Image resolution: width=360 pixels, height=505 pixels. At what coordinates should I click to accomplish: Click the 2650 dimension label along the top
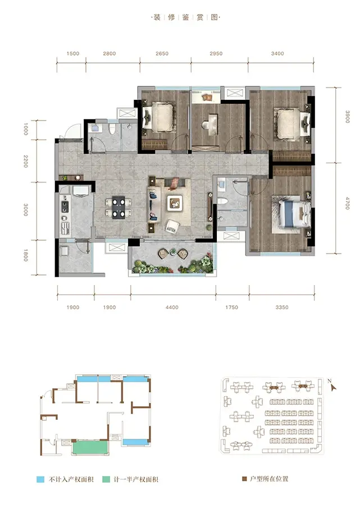click(x=162, y=53)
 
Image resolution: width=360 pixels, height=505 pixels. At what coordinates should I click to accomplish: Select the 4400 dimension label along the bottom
click(x=172, y=307)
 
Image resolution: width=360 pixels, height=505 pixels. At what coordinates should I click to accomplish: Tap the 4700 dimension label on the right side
click(x=347, y=203)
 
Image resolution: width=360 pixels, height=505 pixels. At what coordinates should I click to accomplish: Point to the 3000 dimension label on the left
click(x=26, y=210)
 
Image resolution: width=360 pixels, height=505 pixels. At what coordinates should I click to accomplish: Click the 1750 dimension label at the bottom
click(x=231, y=307)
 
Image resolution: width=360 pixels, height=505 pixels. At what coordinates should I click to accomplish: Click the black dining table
click(x=119, y=207)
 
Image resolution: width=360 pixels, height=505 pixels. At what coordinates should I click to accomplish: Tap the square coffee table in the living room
click(x=175, y=203)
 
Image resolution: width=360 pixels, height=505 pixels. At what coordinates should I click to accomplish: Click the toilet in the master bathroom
click(x=223, y=201)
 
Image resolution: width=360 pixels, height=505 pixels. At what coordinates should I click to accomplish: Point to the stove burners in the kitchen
click(x=65, y=206)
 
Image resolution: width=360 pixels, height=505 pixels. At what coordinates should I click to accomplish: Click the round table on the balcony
click(x=173, y=251)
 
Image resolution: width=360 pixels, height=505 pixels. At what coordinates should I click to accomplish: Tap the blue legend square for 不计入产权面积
click(x=40, y=479)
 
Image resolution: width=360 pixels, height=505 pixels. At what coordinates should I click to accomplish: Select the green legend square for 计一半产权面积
click(x=106, y=479)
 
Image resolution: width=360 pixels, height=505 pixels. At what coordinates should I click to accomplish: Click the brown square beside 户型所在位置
click(x=244, y=479)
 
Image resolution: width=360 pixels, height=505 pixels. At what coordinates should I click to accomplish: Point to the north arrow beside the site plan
click(x=332, y=387)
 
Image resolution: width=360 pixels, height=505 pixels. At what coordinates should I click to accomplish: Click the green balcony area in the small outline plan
click(x=90, y=448)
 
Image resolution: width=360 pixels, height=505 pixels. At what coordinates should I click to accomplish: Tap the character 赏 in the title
click(x=200, y=17)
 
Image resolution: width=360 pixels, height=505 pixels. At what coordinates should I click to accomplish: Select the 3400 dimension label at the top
click(x=277, y=53)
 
